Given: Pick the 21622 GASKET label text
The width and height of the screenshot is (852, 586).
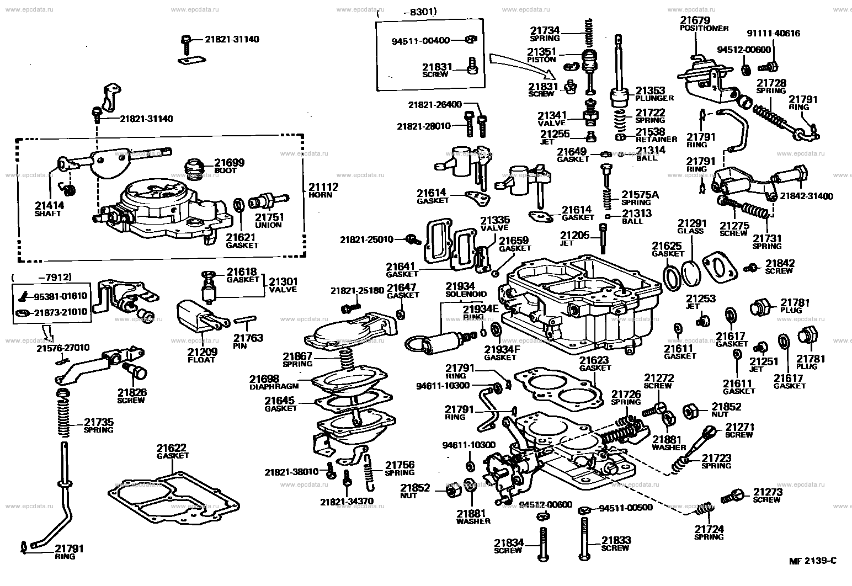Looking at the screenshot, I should point(172,451).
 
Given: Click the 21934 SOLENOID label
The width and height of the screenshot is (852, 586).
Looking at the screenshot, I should point(466,290).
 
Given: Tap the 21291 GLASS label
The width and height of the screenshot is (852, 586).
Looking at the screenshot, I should point(691,227).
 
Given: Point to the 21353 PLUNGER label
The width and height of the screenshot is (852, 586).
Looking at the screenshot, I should point(654,94).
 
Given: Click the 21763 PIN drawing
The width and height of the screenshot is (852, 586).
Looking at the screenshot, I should point(243,320).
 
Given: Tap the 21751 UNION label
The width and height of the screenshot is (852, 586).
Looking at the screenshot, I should point(269,221).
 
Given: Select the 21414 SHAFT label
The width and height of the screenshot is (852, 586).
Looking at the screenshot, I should point(49,209).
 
